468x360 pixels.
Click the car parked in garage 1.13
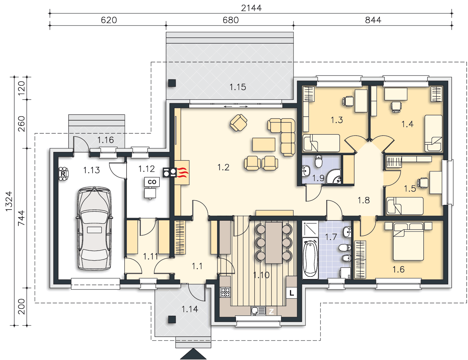[x=94, y=228]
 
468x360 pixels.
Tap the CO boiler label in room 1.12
[x=152, y=182]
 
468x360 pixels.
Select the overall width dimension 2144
[x=251, y=8]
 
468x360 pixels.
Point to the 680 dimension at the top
[x=231, y=20]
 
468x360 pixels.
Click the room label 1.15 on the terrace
[x=237, y=87]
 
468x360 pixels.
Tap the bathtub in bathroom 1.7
[x=310, y=258]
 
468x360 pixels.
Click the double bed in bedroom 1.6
[x=408, y=241]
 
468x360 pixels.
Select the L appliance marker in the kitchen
[x=292, y=293]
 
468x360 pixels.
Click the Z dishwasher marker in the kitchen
[x=271, y=311]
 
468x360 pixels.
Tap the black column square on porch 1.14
[x=172, y=319]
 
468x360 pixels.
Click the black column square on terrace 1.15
[x=172, y=83]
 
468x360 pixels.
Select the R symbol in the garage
[x=63, y=174]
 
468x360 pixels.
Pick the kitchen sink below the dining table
[x=258, y=311]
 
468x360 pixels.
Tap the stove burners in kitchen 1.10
[x=225, y=292]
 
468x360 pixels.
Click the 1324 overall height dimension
[x=9, y=201]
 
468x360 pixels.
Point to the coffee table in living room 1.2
[x=264, y=144]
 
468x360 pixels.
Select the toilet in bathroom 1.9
[x=318, y=161]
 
